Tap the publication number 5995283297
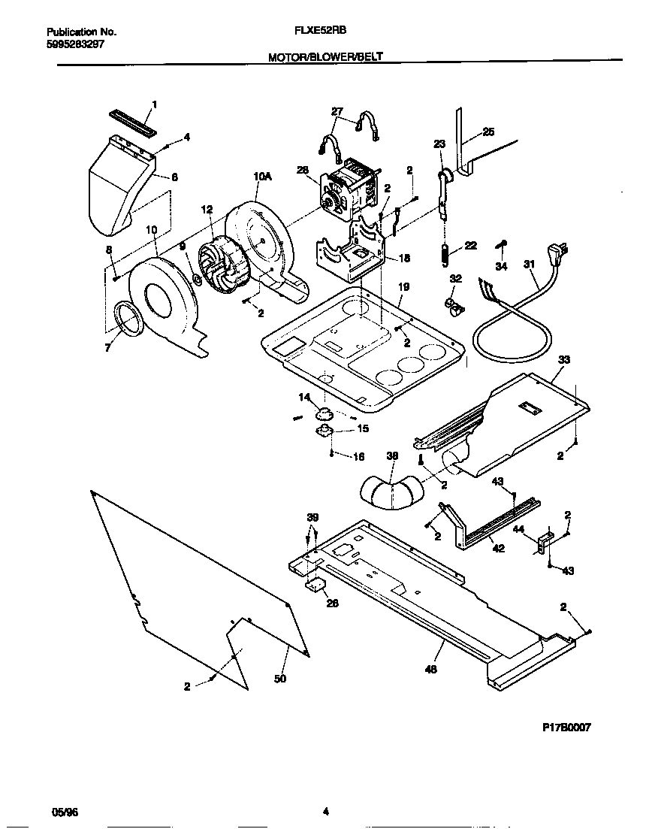(75, 44)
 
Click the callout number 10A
(261, 177)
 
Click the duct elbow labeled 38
(391, 492)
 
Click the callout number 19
(403, 286)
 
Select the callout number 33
(564, 360)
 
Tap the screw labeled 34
(503, 244)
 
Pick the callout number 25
(488, 132)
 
